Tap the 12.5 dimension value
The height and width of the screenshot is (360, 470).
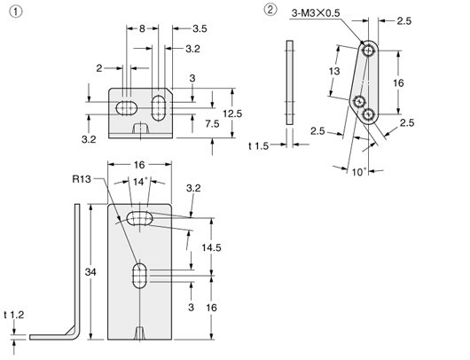[231, 113]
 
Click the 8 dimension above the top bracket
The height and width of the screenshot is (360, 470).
[142, 30]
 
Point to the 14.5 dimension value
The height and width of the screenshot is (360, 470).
[212, 247]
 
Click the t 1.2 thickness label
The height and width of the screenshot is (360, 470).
[13, 314]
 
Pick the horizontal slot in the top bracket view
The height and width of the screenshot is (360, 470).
[126, 107]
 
